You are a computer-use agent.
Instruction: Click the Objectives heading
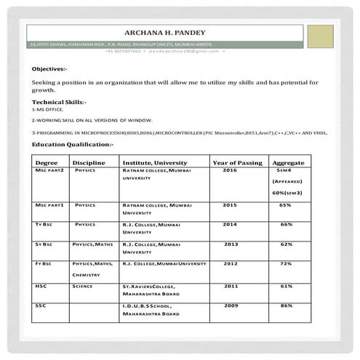point(49,68)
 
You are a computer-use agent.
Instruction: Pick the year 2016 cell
point(231,169)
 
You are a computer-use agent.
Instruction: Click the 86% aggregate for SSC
point(286,306)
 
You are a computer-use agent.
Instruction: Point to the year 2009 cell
point(231,306)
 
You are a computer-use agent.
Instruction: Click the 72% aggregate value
point(286,263)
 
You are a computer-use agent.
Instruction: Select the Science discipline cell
point(83,287)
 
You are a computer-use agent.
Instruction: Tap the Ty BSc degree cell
point(44,225)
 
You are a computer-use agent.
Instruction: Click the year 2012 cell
point(231,263)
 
